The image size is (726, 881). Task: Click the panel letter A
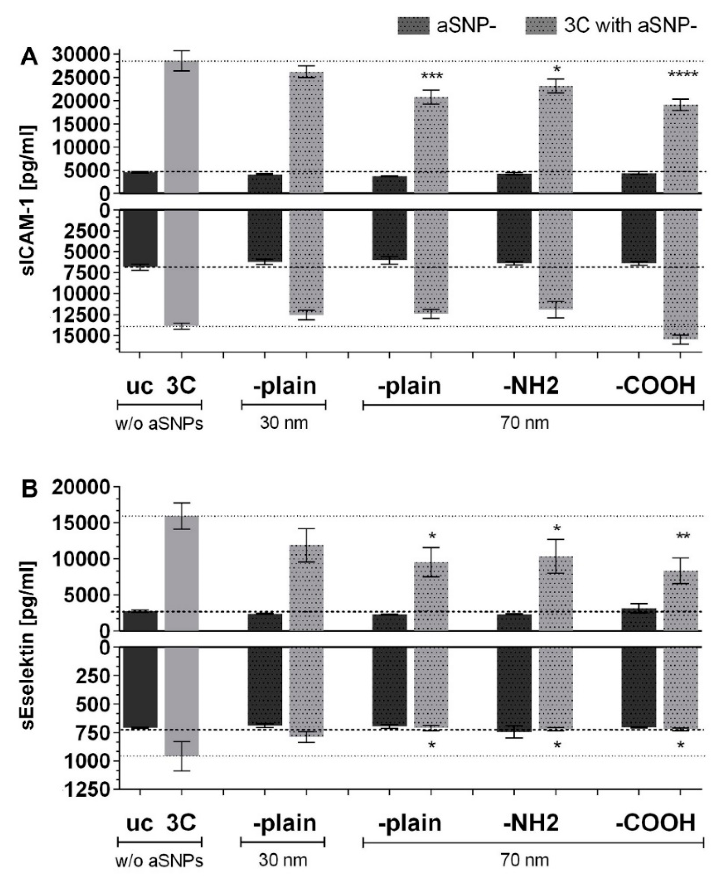[x=29, y=57]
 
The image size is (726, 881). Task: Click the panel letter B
[x=29, y=490]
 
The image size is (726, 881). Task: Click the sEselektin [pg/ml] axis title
[x=28, y=636]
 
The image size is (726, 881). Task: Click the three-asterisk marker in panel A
[x=432, y=77]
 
